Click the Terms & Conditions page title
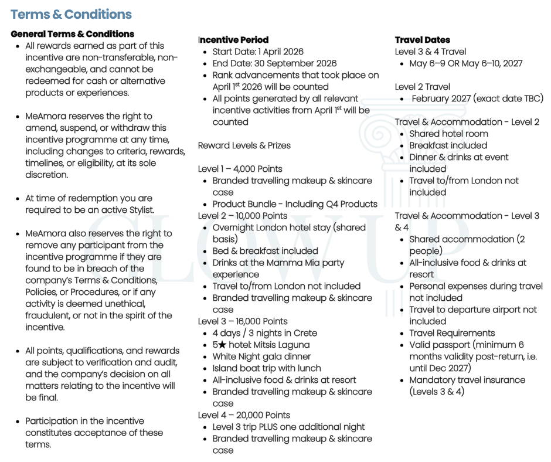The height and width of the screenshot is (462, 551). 71,15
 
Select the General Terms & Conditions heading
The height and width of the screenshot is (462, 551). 72,34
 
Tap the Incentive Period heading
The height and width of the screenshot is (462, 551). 233,40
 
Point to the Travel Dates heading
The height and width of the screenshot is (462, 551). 423,40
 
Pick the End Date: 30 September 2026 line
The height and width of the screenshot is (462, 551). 274,63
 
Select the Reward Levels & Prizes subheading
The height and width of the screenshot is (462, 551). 244,145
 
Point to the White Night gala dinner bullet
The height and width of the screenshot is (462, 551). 261,356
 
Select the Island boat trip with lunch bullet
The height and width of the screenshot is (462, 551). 267,368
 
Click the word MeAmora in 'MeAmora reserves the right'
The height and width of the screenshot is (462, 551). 45,116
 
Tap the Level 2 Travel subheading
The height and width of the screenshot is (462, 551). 423,87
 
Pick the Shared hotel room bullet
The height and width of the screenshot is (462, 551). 448,134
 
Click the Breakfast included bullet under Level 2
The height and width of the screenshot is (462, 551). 448,145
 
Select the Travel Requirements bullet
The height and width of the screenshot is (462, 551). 452,333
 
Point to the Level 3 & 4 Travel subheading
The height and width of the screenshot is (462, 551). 430,52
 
